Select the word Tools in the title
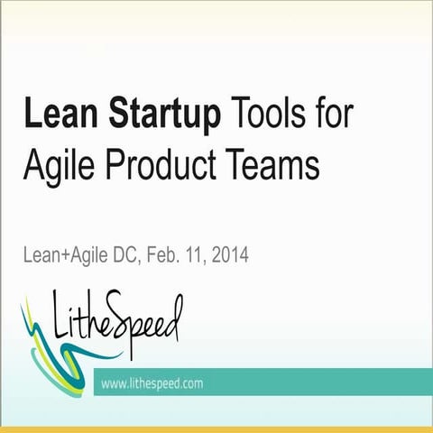(267, 117)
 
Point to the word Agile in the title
(60, 167)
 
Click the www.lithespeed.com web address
(152, 383)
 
